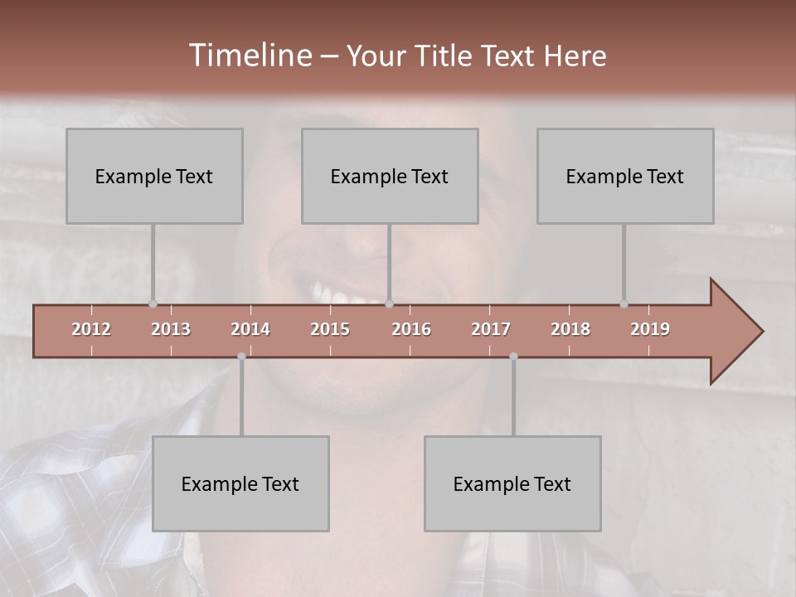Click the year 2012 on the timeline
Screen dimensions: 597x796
[91, 329]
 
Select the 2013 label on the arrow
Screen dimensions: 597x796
[171, 329]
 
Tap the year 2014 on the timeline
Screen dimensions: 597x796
[250, 329]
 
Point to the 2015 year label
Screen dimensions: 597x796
[330, 329]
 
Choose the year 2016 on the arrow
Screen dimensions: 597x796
[411, 329]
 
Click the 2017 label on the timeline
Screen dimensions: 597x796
[491, 329]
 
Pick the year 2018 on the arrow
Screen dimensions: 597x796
[570, 329]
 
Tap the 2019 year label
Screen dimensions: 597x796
[650, 329]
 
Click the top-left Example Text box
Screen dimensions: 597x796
[154, 176]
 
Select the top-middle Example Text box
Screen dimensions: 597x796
[390, 176]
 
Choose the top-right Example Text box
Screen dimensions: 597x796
[625, 176]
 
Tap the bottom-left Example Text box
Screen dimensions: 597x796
[240, 483]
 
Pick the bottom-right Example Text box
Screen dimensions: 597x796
[512, 483]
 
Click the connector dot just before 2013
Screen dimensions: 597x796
[153, 304]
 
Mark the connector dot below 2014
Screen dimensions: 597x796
[241, 357]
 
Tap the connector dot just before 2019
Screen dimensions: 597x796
[624, 304]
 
